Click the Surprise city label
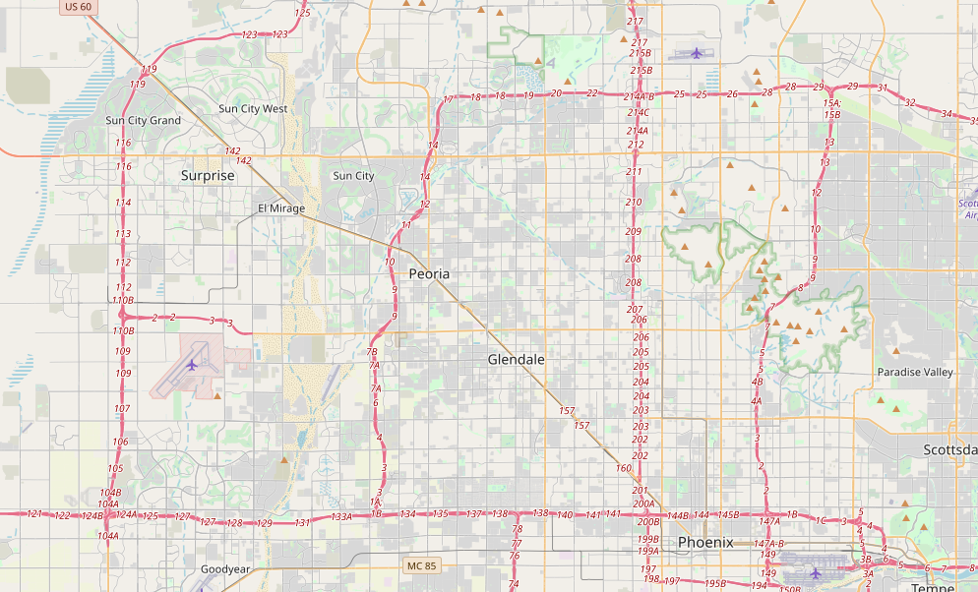[208, 176]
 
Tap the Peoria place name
[429, 274]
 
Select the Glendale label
[516, 360]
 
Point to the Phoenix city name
[705, 543]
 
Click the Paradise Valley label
[915, 373]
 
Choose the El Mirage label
[281, 208]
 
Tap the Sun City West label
[253, 109]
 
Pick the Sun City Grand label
[144, 121]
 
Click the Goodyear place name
[225, 570]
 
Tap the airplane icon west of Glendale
[192, 365]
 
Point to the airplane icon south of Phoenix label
[815, 573]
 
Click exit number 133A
[341, 516]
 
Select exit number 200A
[643, 503]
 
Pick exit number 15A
[832, 103]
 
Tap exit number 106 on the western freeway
[120, 442]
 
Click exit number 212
[636, 145]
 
